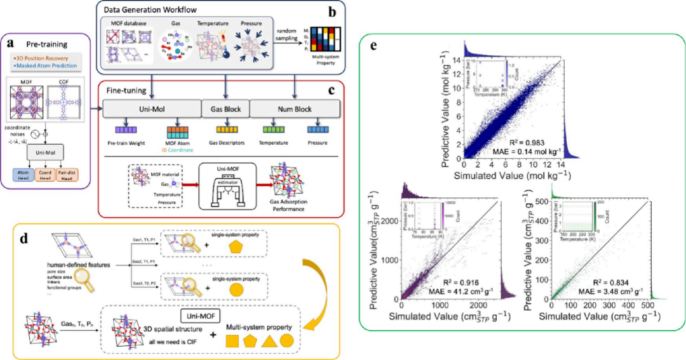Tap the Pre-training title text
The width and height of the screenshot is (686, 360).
coord(44,46)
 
